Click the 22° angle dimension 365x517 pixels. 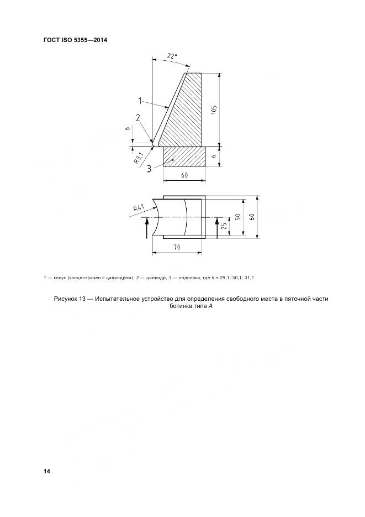[x=172, y=56]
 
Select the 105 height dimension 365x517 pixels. [x=214, y=109]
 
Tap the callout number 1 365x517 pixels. [x=141, y=101]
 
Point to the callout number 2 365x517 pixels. [x=138, y=117]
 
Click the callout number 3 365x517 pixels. [x=150, y=168]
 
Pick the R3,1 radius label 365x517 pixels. [x=139, y=159]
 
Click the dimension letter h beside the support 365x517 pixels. [x=214, y=156]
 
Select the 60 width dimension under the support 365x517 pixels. [x=184, y=175]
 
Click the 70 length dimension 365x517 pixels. [x=177, y=248]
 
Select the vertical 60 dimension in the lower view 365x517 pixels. [x=252, y=217]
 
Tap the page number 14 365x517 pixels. [x=47, y=471]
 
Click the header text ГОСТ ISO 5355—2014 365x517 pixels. [x=75, y=40]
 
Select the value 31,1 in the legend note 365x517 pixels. [x=256, y=277]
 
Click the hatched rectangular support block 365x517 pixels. [x=184, y=156]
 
